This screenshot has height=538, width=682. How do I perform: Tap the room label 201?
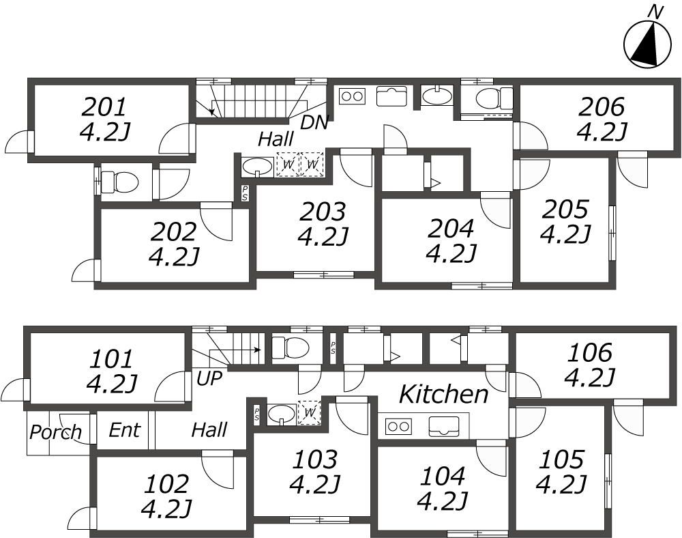(x=104, y=107)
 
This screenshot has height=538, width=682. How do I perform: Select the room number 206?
(x=602, y=107)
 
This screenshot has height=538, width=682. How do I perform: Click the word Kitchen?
(x=444, y=395)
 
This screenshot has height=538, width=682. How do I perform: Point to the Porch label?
(x=56, y=431)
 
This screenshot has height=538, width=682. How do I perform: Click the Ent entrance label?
(x=124, y=430)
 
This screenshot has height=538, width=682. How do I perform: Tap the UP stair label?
(x=209, y=378)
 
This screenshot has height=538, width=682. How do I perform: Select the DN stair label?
(x=314, y=122)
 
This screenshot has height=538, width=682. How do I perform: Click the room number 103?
(x=315, y=459)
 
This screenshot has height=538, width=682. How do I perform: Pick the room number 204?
(x=451, y=229)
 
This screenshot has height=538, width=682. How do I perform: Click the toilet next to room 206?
(x=494, y=98)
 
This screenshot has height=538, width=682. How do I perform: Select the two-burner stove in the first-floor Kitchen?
(x=399, y=427)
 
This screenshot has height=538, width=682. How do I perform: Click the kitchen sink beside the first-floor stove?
(x=444, y=426)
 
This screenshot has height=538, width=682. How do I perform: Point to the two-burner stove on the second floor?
(x=351, y=96)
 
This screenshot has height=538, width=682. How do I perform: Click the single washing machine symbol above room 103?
(x=309, y=412)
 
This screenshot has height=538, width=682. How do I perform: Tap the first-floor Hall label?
(x=209, y=430)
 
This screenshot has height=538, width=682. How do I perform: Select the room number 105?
(x=561, y=459)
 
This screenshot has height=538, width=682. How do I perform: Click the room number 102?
(x=167, y=483)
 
